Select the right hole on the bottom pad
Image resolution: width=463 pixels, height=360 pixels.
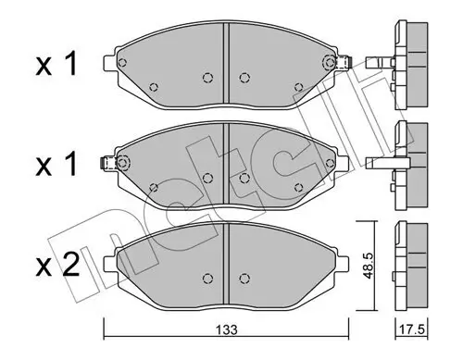(x=245, y=276)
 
